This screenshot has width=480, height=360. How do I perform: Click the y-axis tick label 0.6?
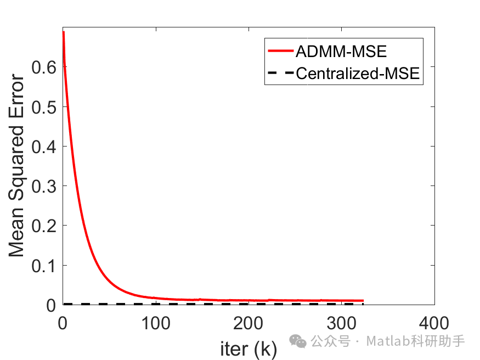pos(44,67)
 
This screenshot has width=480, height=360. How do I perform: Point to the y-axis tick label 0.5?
pos(44,107)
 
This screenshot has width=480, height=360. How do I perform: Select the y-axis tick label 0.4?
pos(44,147)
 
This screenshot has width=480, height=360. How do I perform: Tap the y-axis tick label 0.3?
pos(44,186)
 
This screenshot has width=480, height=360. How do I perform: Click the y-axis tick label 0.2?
pos(44,226)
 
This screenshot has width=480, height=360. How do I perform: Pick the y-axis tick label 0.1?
pos(44,266)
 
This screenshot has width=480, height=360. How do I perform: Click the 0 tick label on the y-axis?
pos(51,305)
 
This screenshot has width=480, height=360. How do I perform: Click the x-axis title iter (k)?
pos(249,348)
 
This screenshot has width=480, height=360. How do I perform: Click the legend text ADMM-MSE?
pos(341,52)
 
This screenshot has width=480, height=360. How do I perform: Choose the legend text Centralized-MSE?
pos(358,74)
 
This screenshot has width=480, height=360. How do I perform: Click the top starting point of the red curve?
pos(64,32)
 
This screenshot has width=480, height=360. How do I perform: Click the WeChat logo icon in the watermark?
pos(299,342)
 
